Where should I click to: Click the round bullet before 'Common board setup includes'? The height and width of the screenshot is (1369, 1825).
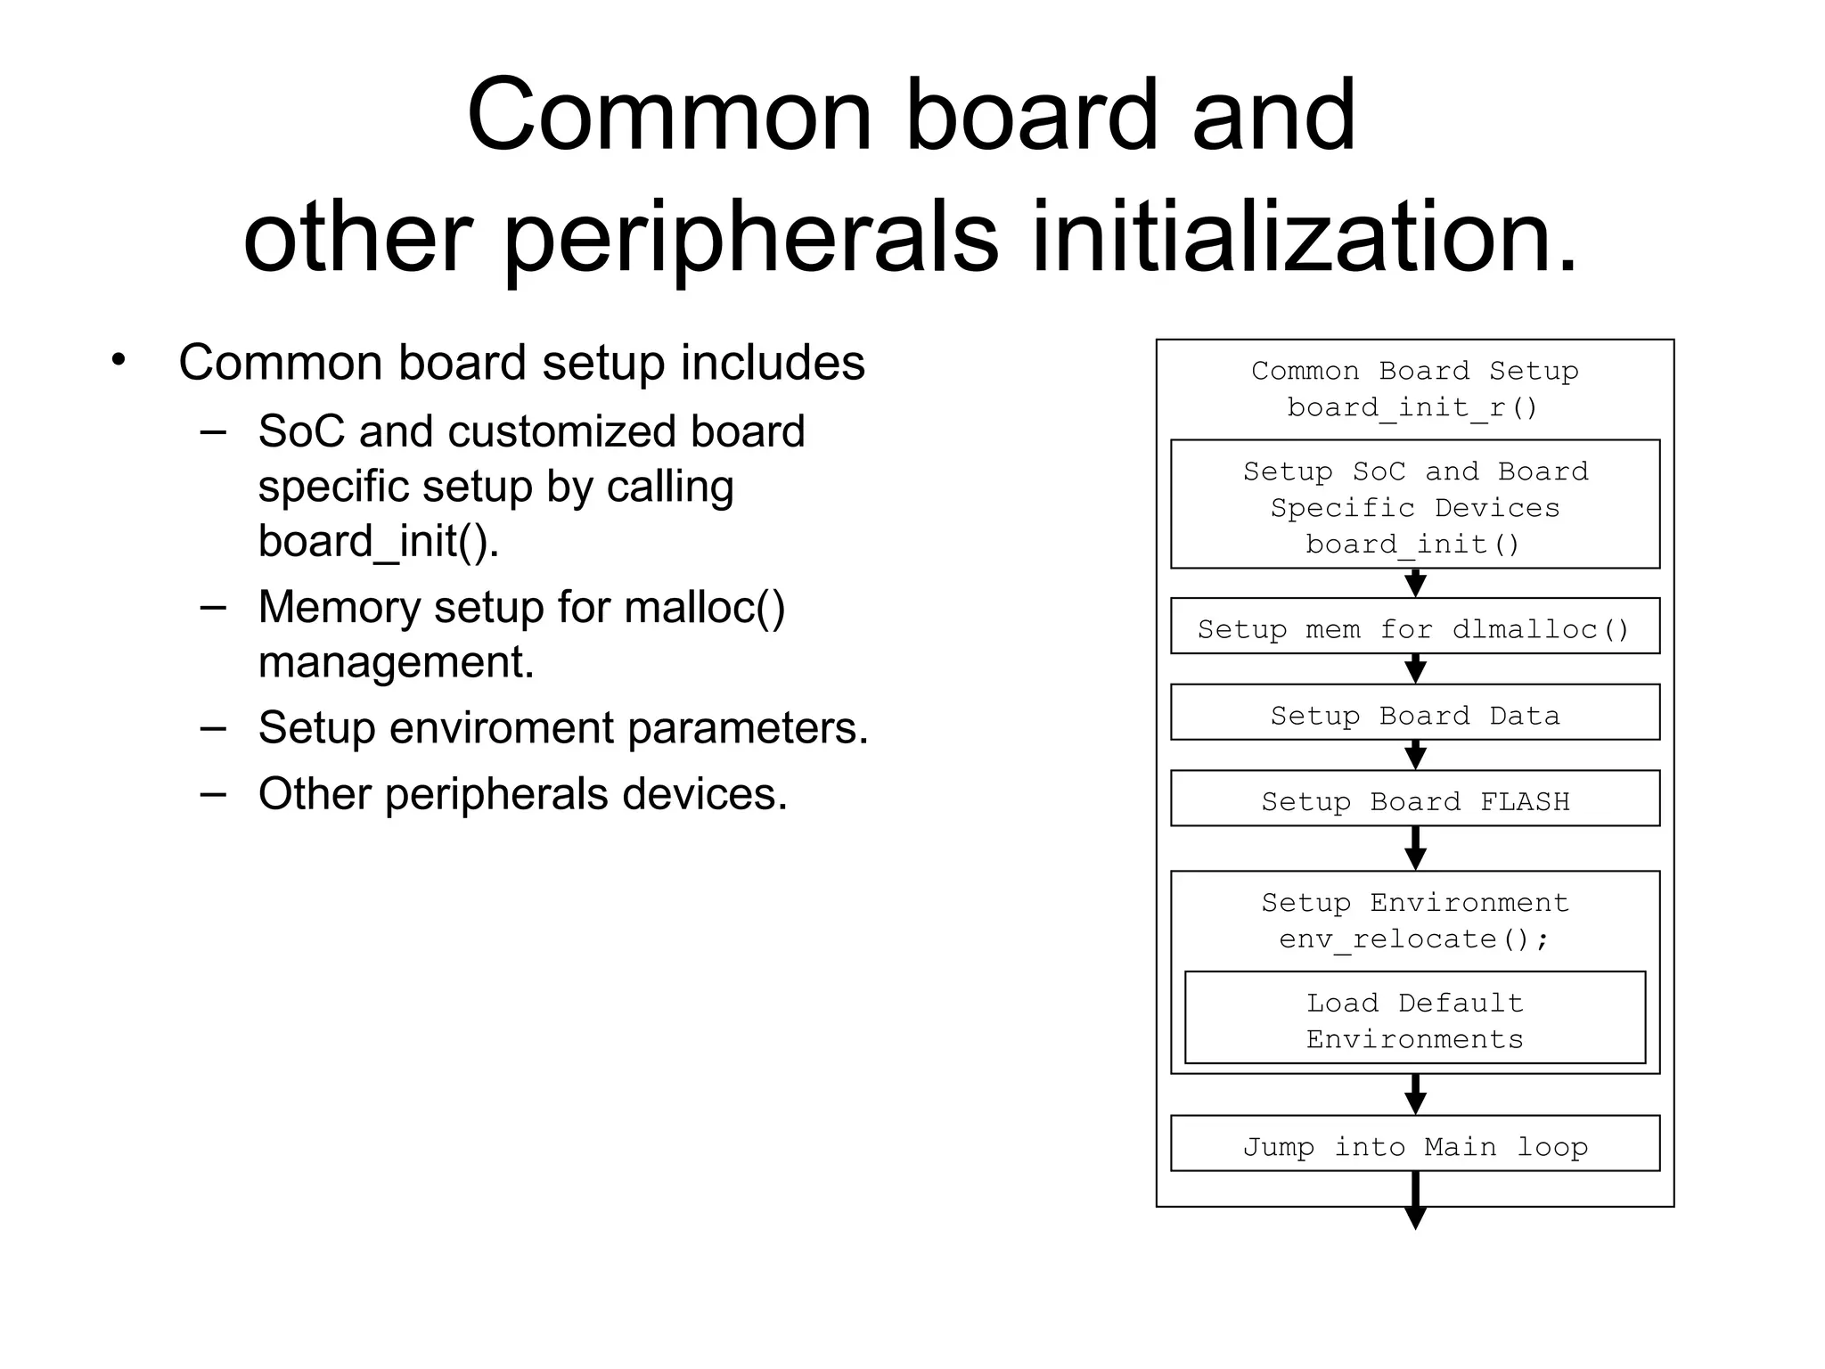pyautogui.click(x=119, y=360)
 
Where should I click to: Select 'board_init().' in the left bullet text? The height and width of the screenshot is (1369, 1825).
pyautogui.click(x=379, y=541)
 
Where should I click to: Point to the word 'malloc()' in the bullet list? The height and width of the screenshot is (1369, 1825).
pyautogui.click(x=705, y=608)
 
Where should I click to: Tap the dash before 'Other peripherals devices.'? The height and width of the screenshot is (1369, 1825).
pyautogui.click(x=213, y=792)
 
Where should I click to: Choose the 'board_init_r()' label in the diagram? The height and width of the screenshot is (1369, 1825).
pyautogui.click(x=1413, y=407)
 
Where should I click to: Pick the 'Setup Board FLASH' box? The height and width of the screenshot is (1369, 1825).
pyautogui.click(x=1414, y=799)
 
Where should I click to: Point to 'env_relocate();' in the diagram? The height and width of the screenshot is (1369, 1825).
pyautogui.click(x=1414, y=939)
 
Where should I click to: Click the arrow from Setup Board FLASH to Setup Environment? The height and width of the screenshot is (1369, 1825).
pyautogui.click(x=1415, y=848)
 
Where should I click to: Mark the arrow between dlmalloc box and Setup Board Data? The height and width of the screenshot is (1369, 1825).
pyautogui.click(x=1415, y=669)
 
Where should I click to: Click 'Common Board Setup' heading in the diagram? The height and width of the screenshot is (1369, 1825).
pyautogui.click(x=1414, y=371)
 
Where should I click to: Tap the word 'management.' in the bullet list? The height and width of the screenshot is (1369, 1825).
pyautogui.click(x=396, y=663)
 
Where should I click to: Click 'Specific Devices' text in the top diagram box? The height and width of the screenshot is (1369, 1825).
pyautogui.click(x=1414, y=508)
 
